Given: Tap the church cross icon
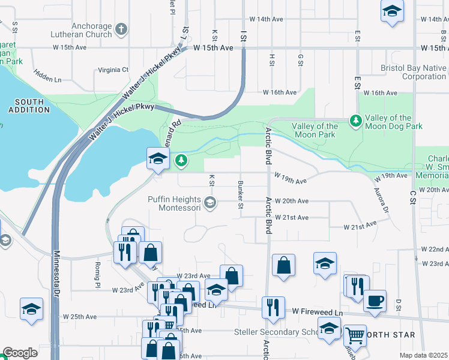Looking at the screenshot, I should click(121, 29).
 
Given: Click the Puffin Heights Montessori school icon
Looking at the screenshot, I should click(209, 202).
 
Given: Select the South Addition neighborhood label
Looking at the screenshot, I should click(29, 106).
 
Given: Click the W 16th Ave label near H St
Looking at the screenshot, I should click(280, 93).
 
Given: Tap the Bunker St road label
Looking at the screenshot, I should click(240, 194).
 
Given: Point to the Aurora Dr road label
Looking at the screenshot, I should click(383, 202).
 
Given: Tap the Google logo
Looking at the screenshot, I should click(20, 353).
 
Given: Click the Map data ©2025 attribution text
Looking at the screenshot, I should click(423, 355).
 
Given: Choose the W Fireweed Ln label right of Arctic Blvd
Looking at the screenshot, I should click(317, 313).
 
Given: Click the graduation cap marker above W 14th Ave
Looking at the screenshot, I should click(392, 11).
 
